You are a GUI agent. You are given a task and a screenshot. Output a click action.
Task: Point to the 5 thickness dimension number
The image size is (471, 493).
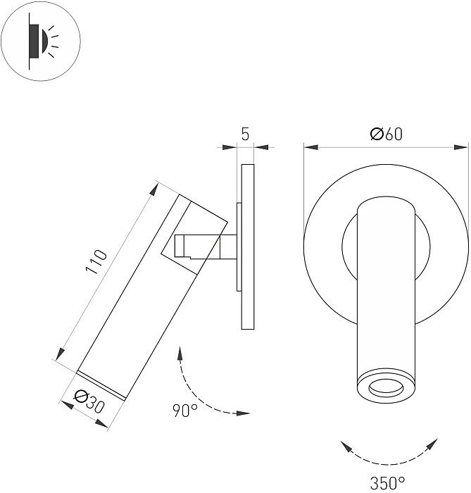245,135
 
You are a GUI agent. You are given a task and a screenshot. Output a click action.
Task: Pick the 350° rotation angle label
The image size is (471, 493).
387,482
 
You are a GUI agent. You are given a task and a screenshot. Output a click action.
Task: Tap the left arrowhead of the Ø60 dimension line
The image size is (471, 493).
310,148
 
